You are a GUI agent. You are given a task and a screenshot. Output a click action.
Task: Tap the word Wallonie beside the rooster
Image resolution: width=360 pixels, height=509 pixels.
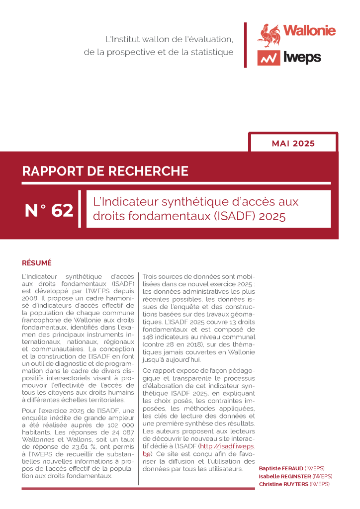[309, 30]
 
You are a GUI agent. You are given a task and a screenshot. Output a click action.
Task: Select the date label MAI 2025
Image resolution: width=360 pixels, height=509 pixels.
[293, 144]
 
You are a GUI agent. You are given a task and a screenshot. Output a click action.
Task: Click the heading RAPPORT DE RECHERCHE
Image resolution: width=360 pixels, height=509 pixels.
[105, 171]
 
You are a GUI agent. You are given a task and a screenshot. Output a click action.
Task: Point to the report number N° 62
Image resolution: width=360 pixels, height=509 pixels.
[49, 211]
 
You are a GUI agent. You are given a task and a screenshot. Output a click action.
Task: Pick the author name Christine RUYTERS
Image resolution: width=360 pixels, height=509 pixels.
[283, 484]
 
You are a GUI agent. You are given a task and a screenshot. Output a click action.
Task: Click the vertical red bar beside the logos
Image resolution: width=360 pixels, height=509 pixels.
[245, 45]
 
